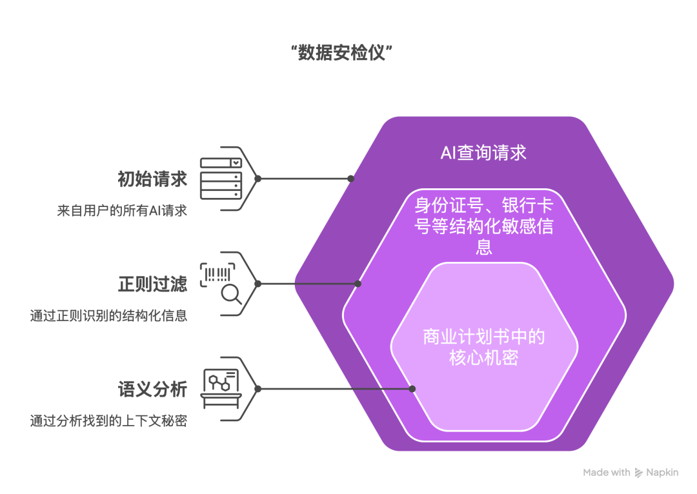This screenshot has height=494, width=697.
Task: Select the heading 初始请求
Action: click(152, 179)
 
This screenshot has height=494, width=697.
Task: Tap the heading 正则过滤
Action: click(152, 284)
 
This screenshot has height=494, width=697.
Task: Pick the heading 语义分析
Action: click(152, 389)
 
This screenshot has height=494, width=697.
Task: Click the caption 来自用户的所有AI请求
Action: click(122, 211)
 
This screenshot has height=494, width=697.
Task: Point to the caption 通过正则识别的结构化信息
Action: click(108, 316)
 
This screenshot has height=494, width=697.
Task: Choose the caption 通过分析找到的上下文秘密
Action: click(108, 421)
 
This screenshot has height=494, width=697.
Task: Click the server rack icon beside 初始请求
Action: click(221, 178)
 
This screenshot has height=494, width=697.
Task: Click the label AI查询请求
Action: click(483, 153)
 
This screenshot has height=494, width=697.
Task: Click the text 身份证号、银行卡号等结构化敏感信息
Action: click(483, 226)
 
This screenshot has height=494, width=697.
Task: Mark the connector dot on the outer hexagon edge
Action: click(351, 179)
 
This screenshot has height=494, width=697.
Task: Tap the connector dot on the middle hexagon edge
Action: click(358, 284)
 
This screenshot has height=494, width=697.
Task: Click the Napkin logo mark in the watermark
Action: click(639, 473)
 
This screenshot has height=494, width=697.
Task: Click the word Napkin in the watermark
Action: click(663, 473)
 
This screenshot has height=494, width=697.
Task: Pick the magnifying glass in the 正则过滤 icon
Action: click(231, 294)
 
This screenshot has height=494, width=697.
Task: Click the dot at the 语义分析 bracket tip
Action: click(258, 389)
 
